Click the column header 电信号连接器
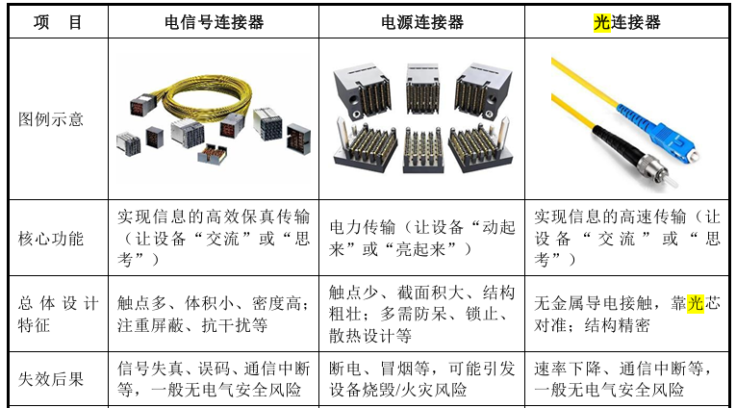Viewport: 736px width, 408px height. [214, 22]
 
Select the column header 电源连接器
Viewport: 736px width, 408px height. [422, 22]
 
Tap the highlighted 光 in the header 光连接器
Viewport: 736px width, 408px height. [601, 22]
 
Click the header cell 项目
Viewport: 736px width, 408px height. [58, 22]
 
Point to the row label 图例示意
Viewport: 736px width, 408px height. [51, 119]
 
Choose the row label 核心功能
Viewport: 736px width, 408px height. [51, 239]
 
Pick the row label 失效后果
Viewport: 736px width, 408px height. [51, 379]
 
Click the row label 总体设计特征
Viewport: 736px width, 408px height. [58, 314]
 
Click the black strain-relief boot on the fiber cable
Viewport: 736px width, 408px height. [610, 143]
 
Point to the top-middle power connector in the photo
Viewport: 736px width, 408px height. [422, 89]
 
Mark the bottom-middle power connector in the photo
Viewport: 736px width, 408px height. [422, 149]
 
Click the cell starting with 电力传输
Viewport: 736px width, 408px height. [422, 238]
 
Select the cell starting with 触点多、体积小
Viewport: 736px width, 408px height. [214, 314]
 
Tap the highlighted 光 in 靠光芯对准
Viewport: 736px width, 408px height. [696, 303]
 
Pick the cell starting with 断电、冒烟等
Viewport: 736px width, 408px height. [422, 379]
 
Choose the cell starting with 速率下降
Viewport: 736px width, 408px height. [622, 379]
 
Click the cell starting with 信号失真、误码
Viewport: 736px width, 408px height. [214, 379]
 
